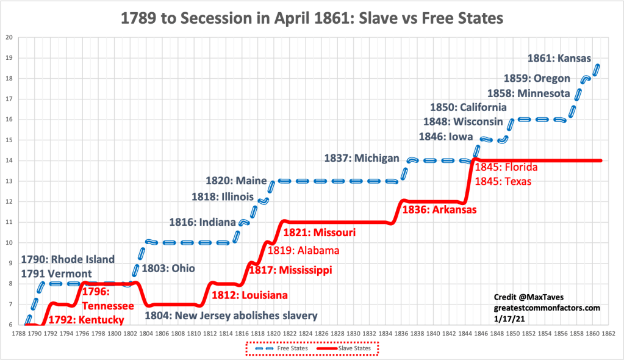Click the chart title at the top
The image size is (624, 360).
point(312,18)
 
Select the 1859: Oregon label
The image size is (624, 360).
point(537,78)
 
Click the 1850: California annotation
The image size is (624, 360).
point(468,107)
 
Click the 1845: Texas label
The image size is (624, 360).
point(503,181)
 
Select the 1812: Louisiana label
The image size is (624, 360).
point(249,295)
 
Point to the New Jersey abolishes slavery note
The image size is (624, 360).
point(231,316)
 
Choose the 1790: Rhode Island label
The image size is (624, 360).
point(68,259)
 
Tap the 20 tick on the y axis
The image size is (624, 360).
point(9,37)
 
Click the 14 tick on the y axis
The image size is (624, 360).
point(9,160)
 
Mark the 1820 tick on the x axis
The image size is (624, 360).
point(273,334)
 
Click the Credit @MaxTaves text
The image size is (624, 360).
point(528,297)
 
